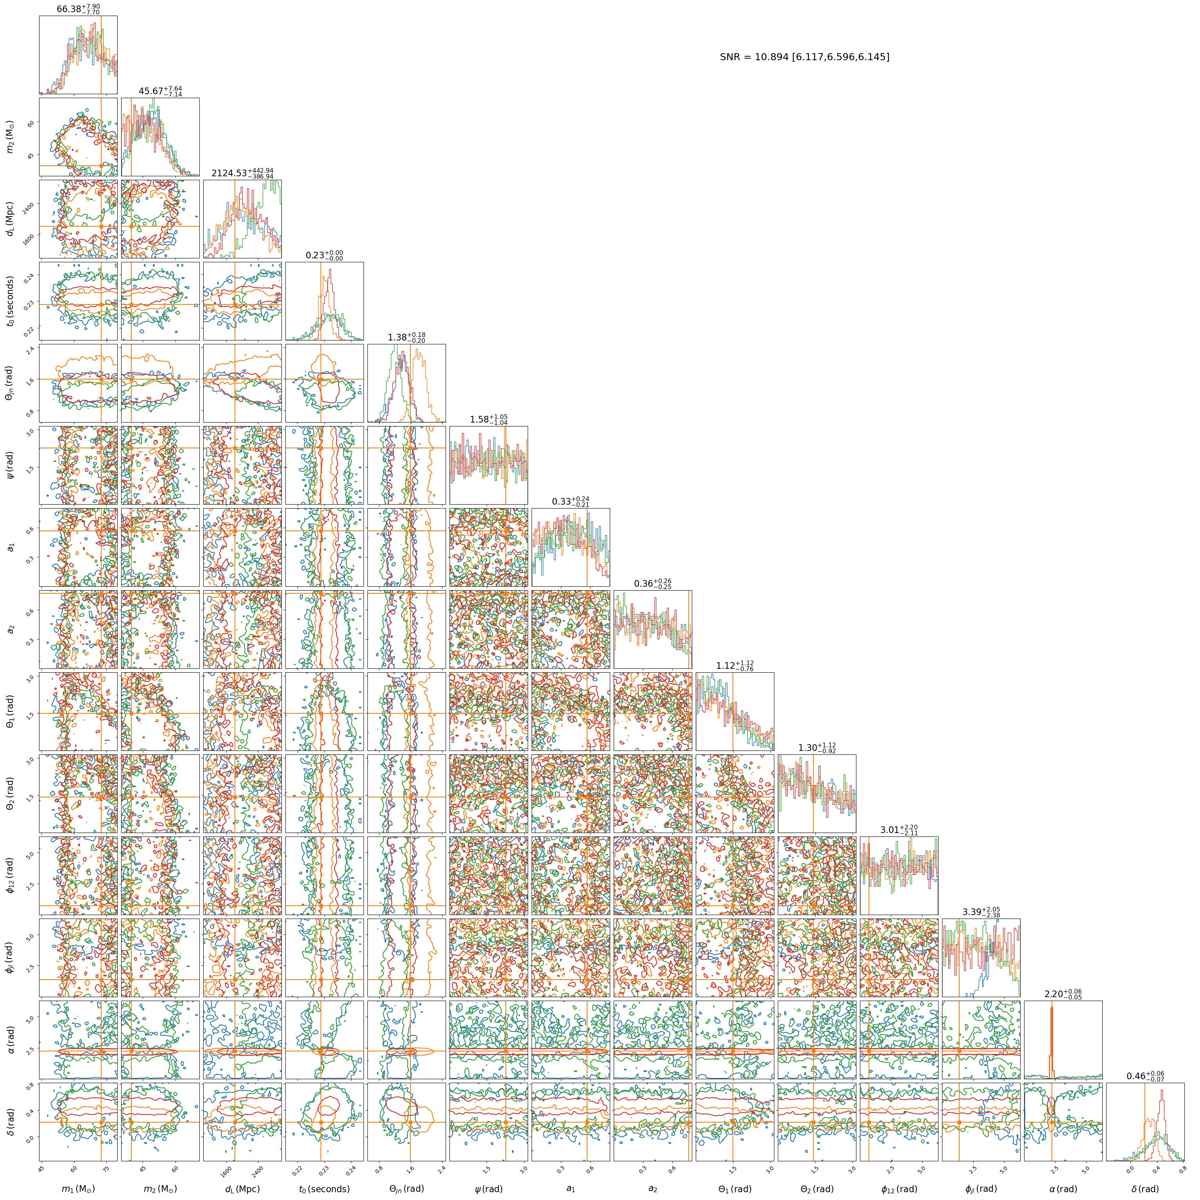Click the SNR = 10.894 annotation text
point(804,57)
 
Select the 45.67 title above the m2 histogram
point(160,91)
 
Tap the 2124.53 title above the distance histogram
point(242,173)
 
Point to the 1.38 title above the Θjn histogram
point(407,337)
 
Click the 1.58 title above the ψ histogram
point(489,419)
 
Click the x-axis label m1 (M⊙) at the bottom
point(78,1189)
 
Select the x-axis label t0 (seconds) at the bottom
point(324,1189)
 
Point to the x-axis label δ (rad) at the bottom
point(1145,1189)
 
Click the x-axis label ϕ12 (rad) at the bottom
point(899,1189)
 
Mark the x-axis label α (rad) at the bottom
point(1063,1189)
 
